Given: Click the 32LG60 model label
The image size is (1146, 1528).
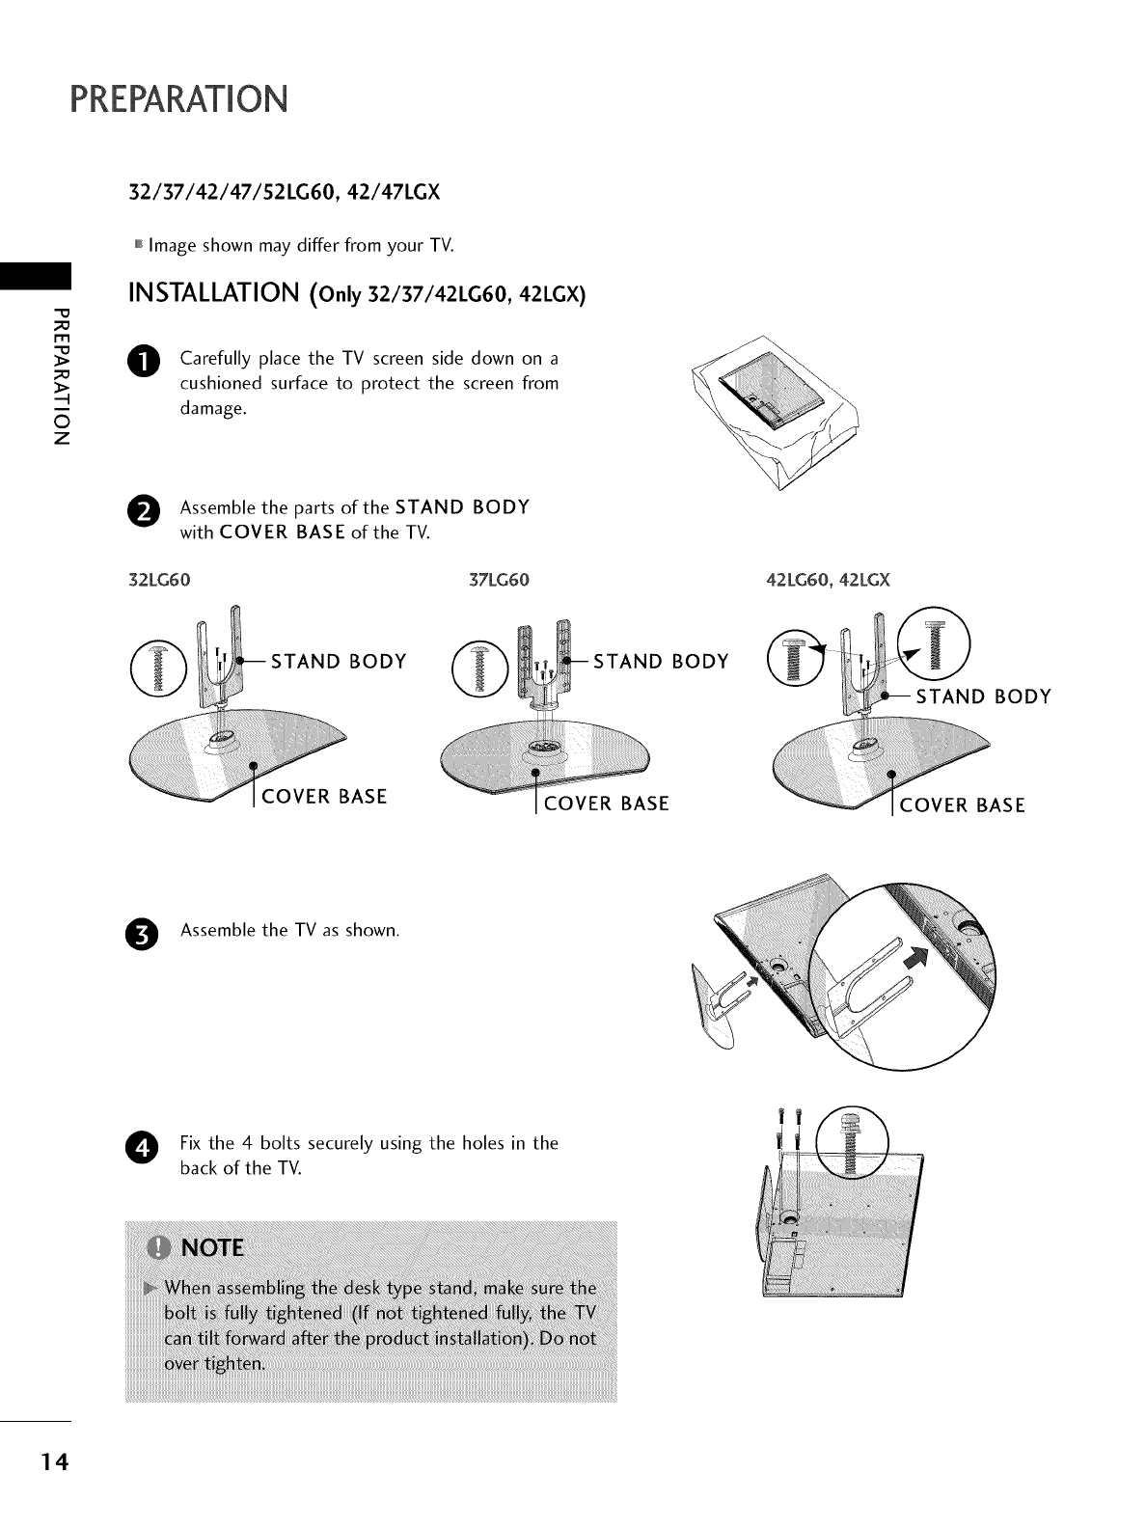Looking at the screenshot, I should point(160,581).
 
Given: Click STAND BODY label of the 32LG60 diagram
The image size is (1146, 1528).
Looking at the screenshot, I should point(339,662).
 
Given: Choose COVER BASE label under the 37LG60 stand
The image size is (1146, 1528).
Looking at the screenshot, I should point(606,805).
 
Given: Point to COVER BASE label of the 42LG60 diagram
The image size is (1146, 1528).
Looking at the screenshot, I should point(962,805).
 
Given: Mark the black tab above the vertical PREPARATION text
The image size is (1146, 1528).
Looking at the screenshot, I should point(36,274).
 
